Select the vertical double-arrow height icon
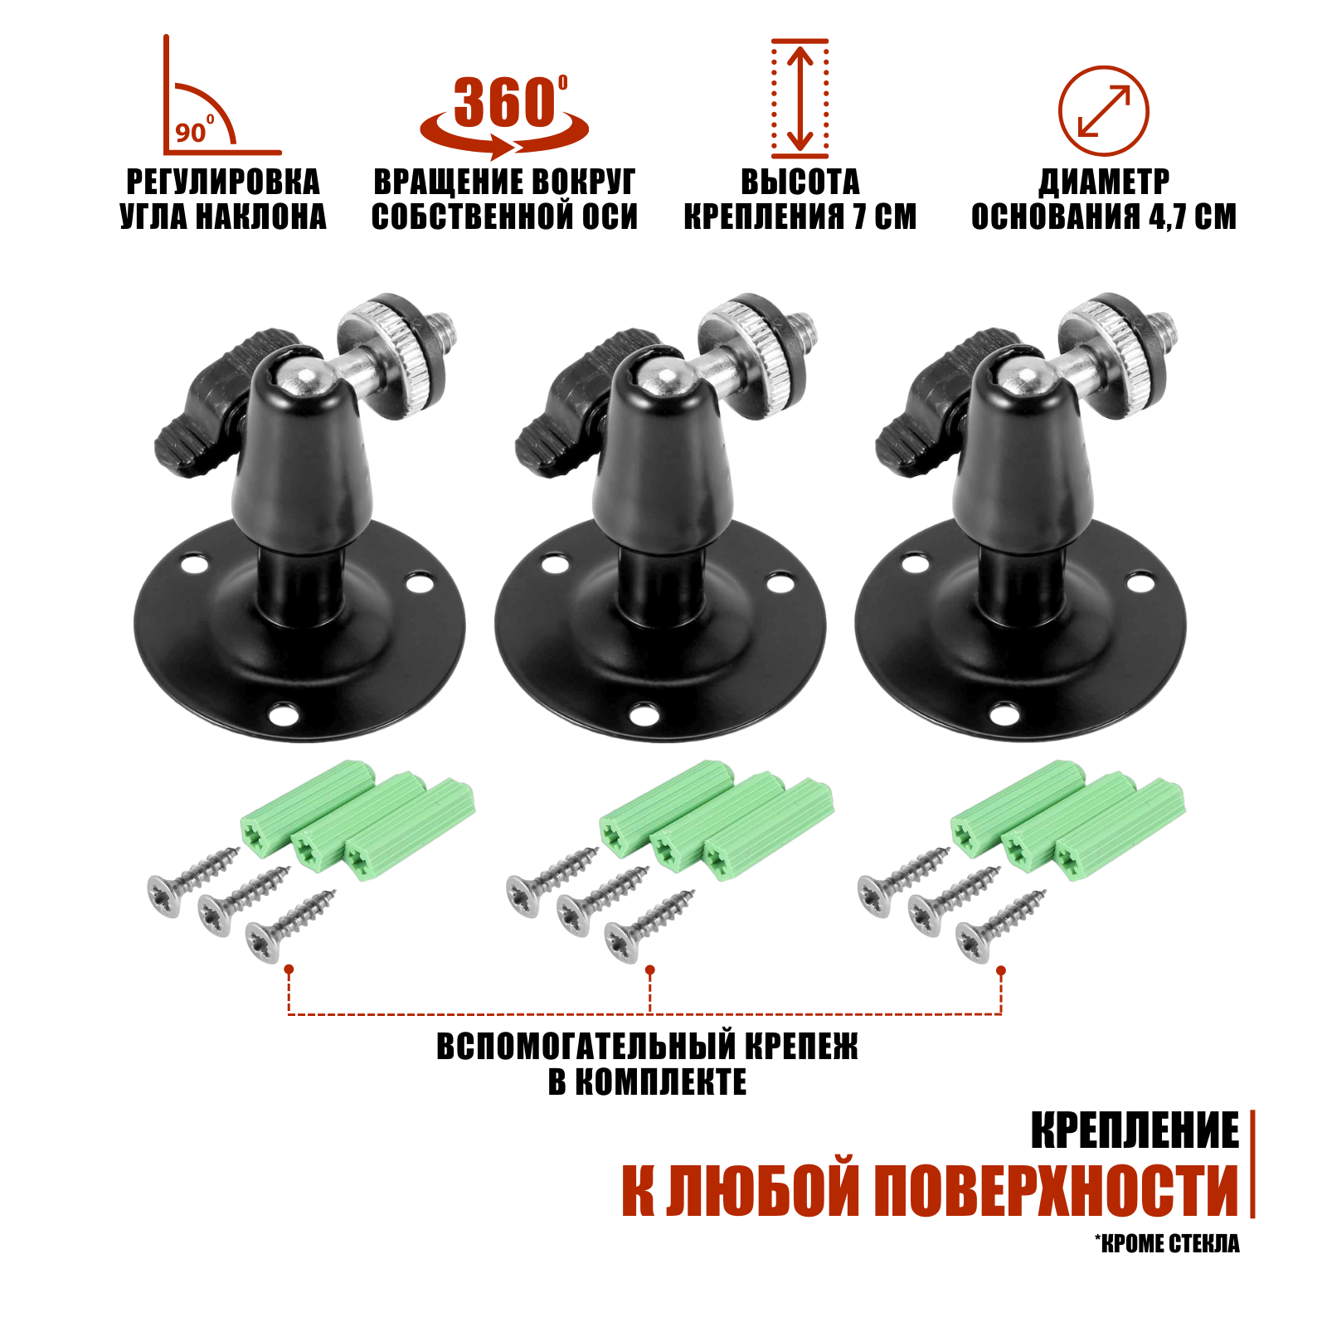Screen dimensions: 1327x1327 pyautogui.click(x=800, y=98)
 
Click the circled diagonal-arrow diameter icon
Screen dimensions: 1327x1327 pyautogui.click(x=1103, y=111)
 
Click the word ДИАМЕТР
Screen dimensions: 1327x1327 pyautogui.click(x=1104, y=182)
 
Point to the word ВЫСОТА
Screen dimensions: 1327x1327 pyautogui.click(x=800, y=182)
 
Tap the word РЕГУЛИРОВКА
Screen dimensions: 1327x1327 pyautogui.click(x=222, y=182)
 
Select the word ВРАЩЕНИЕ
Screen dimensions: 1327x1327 pyautogui.click(x=434, y=182)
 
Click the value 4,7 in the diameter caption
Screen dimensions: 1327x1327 pyautogui.click(x=1169, y=217)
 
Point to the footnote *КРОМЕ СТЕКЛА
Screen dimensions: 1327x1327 pyautogui.click(x=1167, y=1243)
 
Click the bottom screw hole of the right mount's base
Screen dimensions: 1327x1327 pyautogui.click(x=1004, y=713)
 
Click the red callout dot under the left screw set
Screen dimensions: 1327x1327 pyautogui.click(x=289, y=969)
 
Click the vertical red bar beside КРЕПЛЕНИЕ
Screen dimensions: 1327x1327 pyautogui.click(x=1252, y=1164)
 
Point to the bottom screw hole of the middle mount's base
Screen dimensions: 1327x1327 pyautogui.click(x=644, y=713)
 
